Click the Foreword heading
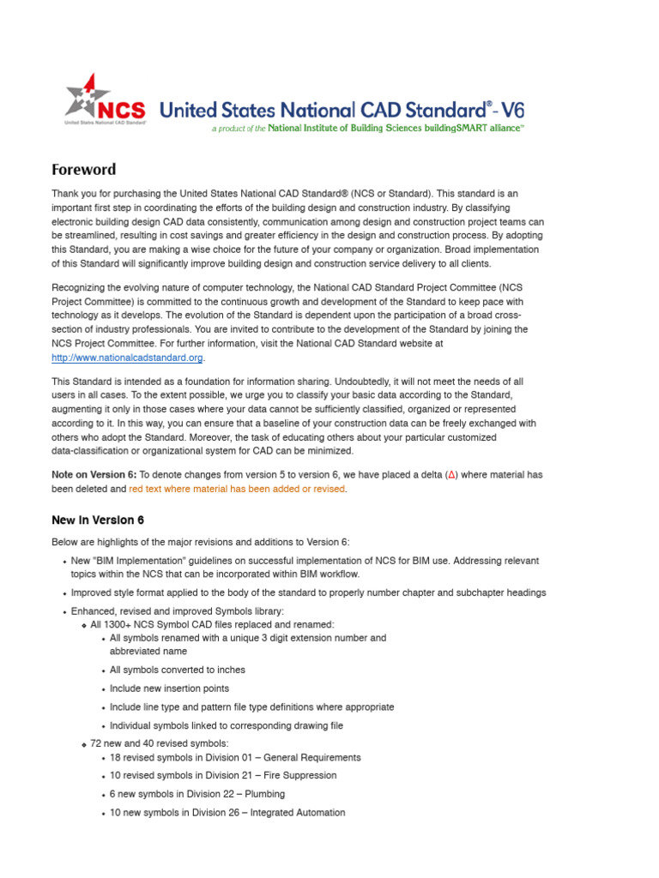[83, 169]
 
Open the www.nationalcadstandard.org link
[127, 358]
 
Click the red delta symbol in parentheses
[451, 475]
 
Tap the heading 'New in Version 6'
[98, 520]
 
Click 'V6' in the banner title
[512, 110]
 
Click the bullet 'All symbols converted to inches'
[178, 670]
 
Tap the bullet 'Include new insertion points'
[169, 689]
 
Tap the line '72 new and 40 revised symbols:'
[160, 743]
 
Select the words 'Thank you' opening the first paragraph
[73, 195]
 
